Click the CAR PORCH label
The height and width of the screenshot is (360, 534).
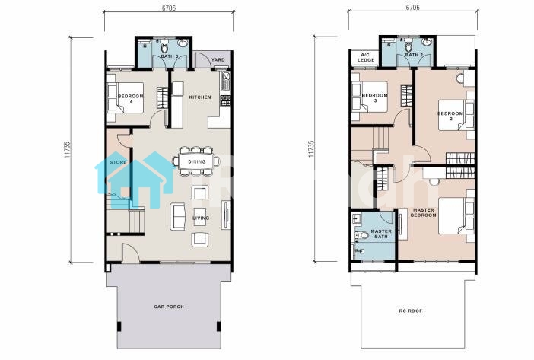click(169, 307)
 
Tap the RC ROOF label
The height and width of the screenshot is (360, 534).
click(410, 311)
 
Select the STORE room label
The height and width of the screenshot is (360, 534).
click(118, 162)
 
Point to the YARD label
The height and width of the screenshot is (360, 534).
click(218, 59)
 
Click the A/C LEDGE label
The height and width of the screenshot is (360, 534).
click(365, 57)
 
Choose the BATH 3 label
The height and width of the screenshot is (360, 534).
click(170, 56)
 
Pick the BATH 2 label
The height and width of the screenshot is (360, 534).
click(414, 55)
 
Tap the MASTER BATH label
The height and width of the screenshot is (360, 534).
click(381, 234)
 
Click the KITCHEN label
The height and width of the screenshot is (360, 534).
click(200, 97)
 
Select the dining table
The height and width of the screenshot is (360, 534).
click(197, 161)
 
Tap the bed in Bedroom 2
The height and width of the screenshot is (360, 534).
click(456, 115)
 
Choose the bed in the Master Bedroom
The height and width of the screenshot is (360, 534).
click(456, 215)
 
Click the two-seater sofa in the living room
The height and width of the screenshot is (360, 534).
click(177, 216)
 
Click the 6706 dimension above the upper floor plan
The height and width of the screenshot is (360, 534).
click(412, 7)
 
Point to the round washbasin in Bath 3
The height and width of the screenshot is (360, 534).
click(183, 43)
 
